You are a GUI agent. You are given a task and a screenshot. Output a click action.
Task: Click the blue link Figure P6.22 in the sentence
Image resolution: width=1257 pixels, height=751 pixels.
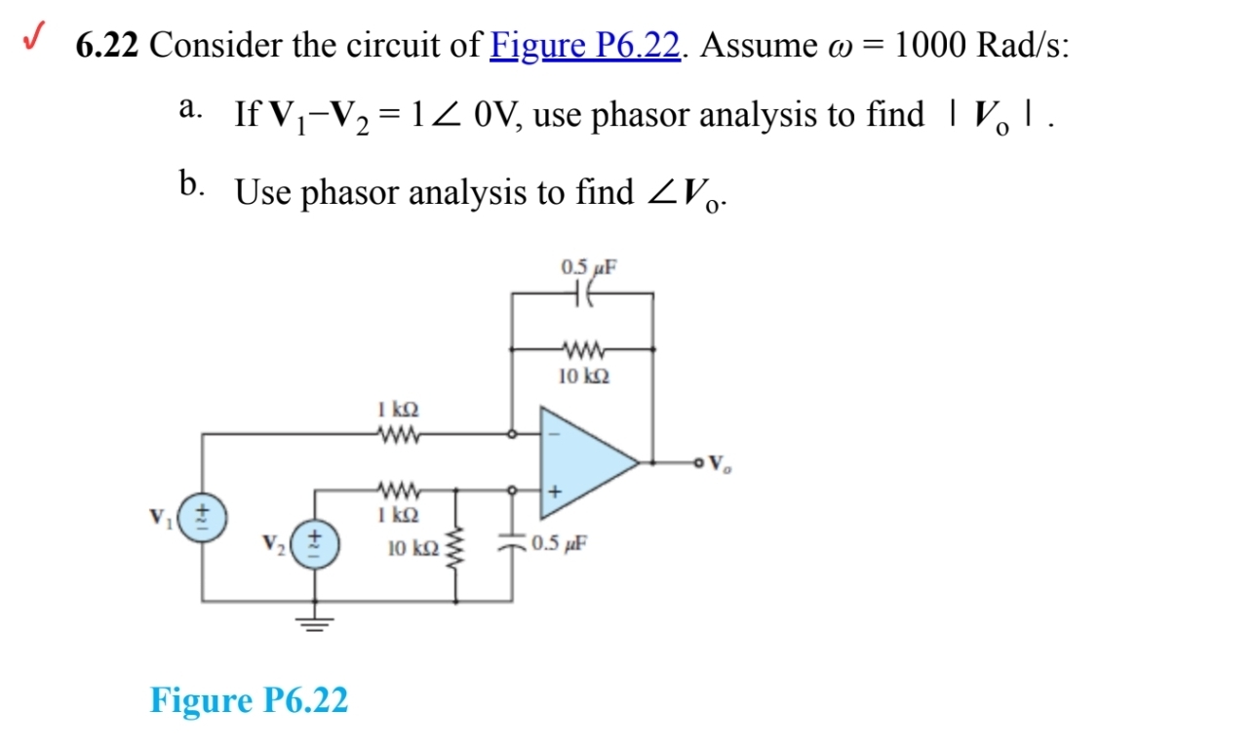tap(585, 45)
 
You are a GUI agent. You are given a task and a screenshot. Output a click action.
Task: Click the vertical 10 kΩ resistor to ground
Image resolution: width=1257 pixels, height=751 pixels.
tap(452, 550)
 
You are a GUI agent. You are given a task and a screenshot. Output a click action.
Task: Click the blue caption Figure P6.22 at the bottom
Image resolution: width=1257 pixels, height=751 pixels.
tap(249, 699)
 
